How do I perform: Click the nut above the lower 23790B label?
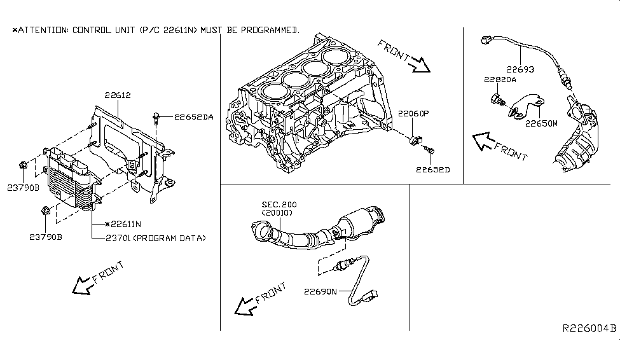click(46, 210)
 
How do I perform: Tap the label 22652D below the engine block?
click(432, 170)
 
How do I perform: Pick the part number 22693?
click(520, 69)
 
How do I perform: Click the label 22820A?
click(501, 80)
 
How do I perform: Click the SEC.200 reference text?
click(279, 205)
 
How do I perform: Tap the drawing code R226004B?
click(588, 329)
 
